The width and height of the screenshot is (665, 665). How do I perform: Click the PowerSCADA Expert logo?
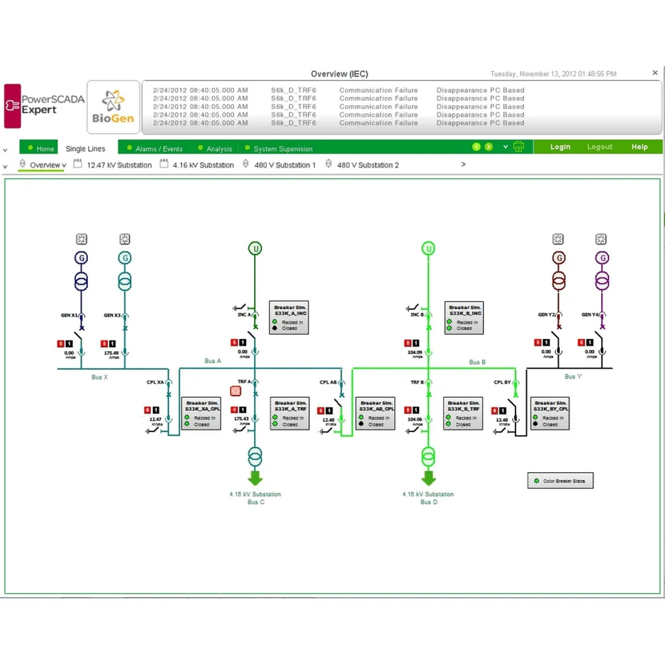[x=45, y=105]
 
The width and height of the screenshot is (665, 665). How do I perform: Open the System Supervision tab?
[x=283, y=148]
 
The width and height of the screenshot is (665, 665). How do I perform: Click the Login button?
[x=560, y=147]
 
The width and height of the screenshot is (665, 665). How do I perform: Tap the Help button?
[x=639, y=147]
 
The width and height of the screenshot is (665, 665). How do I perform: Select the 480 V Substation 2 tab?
[x=367, y=165]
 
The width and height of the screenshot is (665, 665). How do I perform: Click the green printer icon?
[x=519, y=147]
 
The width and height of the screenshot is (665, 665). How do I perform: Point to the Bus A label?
[x=213, y=361]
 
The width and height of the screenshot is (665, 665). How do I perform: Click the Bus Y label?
[x=570, y=376]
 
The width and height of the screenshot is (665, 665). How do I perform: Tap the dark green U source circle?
[x=255, y=249]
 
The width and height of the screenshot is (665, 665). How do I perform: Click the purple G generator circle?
[x=602, y=258]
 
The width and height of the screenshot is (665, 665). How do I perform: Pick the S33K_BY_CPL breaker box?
[x=549, y=413]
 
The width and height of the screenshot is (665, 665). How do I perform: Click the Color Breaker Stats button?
[x=559, y=481]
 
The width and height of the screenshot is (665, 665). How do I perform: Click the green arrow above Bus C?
[x=255, y=477]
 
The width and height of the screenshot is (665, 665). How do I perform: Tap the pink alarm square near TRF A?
[x=235, y=391]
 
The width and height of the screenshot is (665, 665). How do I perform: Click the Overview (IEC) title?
[x=339, y=74]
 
